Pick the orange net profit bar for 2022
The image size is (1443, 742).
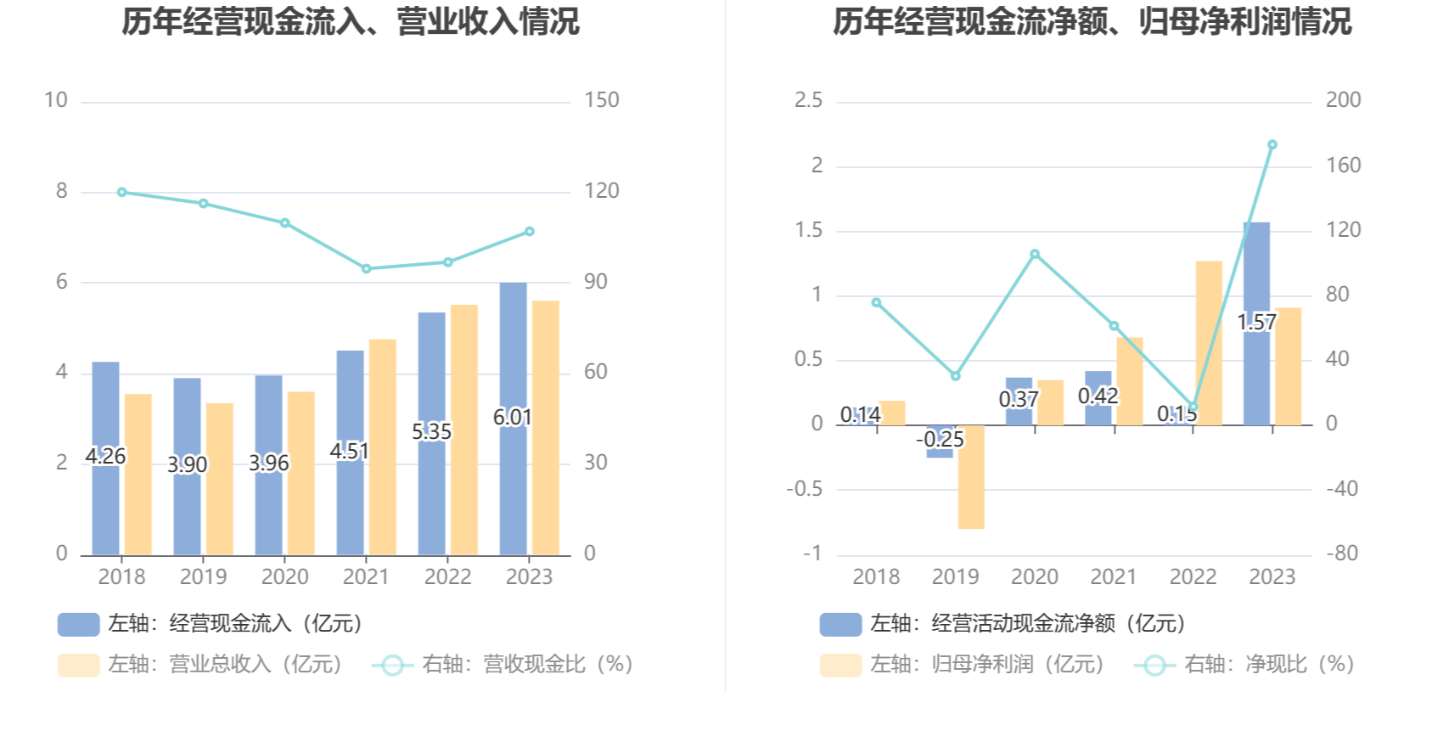(1209, 343)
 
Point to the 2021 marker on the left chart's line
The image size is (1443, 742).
(367, 269)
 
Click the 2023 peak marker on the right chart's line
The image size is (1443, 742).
(1272, 145)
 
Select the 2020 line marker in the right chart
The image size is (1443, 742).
(1035, 255)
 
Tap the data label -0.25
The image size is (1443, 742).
(940, 440)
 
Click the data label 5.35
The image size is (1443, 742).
(432, 432)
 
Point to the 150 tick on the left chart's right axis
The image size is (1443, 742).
(601, 100)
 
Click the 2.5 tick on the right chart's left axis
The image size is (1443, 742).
(808, 100)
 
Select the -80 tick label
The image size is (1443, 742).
(1343, 554)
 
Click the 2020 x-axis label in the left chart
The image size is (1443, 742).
(284, 577)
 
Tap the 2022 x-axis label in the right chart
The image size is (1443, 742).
(1193, 577)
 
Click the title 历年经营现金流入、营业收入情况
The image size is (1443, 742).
(351, 22)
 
